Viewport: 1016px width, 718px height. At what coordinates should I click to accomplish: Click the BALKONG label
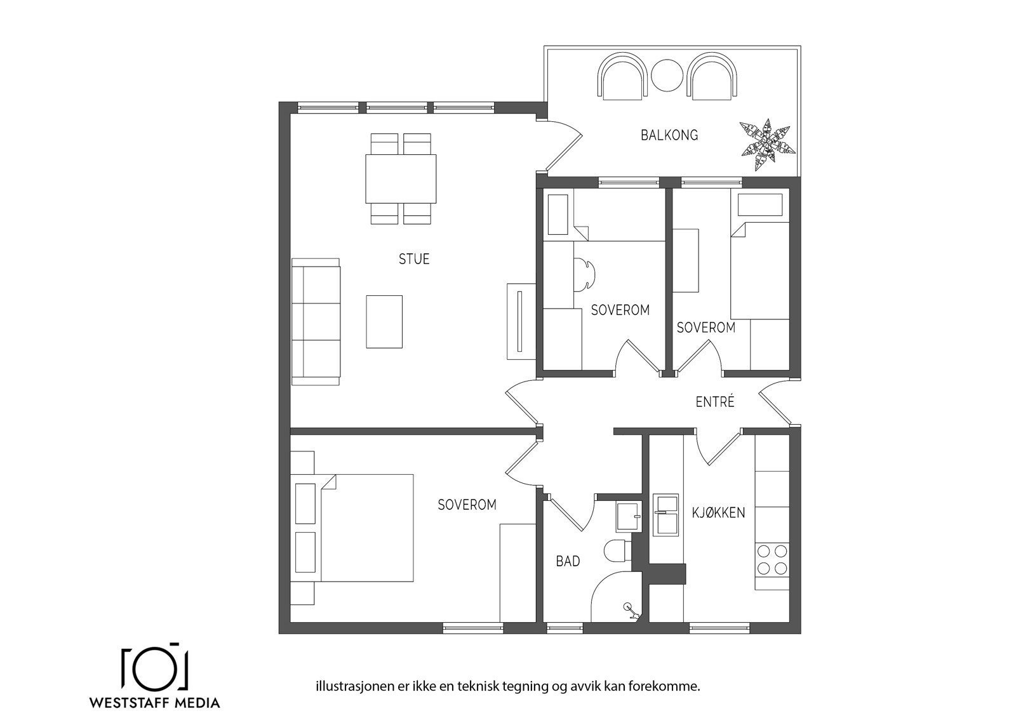[669, 135]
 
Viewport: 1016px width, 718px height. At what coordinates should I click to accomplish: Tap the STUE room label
[414, 259]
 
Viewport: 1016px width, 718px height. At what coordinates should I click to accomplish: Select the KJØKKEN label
[718, 512]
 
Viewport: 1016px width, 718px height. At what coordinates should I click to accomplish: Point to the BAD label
[568, 561]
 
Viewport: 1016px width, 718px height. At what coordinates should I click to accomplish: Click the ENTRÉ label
[714, 402]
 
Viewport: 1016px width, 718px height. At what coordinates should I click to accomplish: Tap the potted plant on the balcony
[767, 144]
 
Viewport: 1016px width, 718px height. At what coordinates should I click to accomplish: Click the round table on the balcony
[666, 75]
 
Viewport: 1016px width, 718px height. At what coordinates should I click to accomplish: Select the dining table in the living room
[401, 178]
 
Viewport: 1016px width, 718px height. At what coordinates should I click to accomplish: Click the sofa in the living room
[316, 321]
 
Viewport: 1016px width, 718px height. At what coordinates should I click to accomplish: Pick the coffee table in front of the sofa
[384, 321]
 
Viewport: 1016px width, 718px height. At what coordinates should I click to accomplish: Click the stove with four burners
[772, 559]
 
